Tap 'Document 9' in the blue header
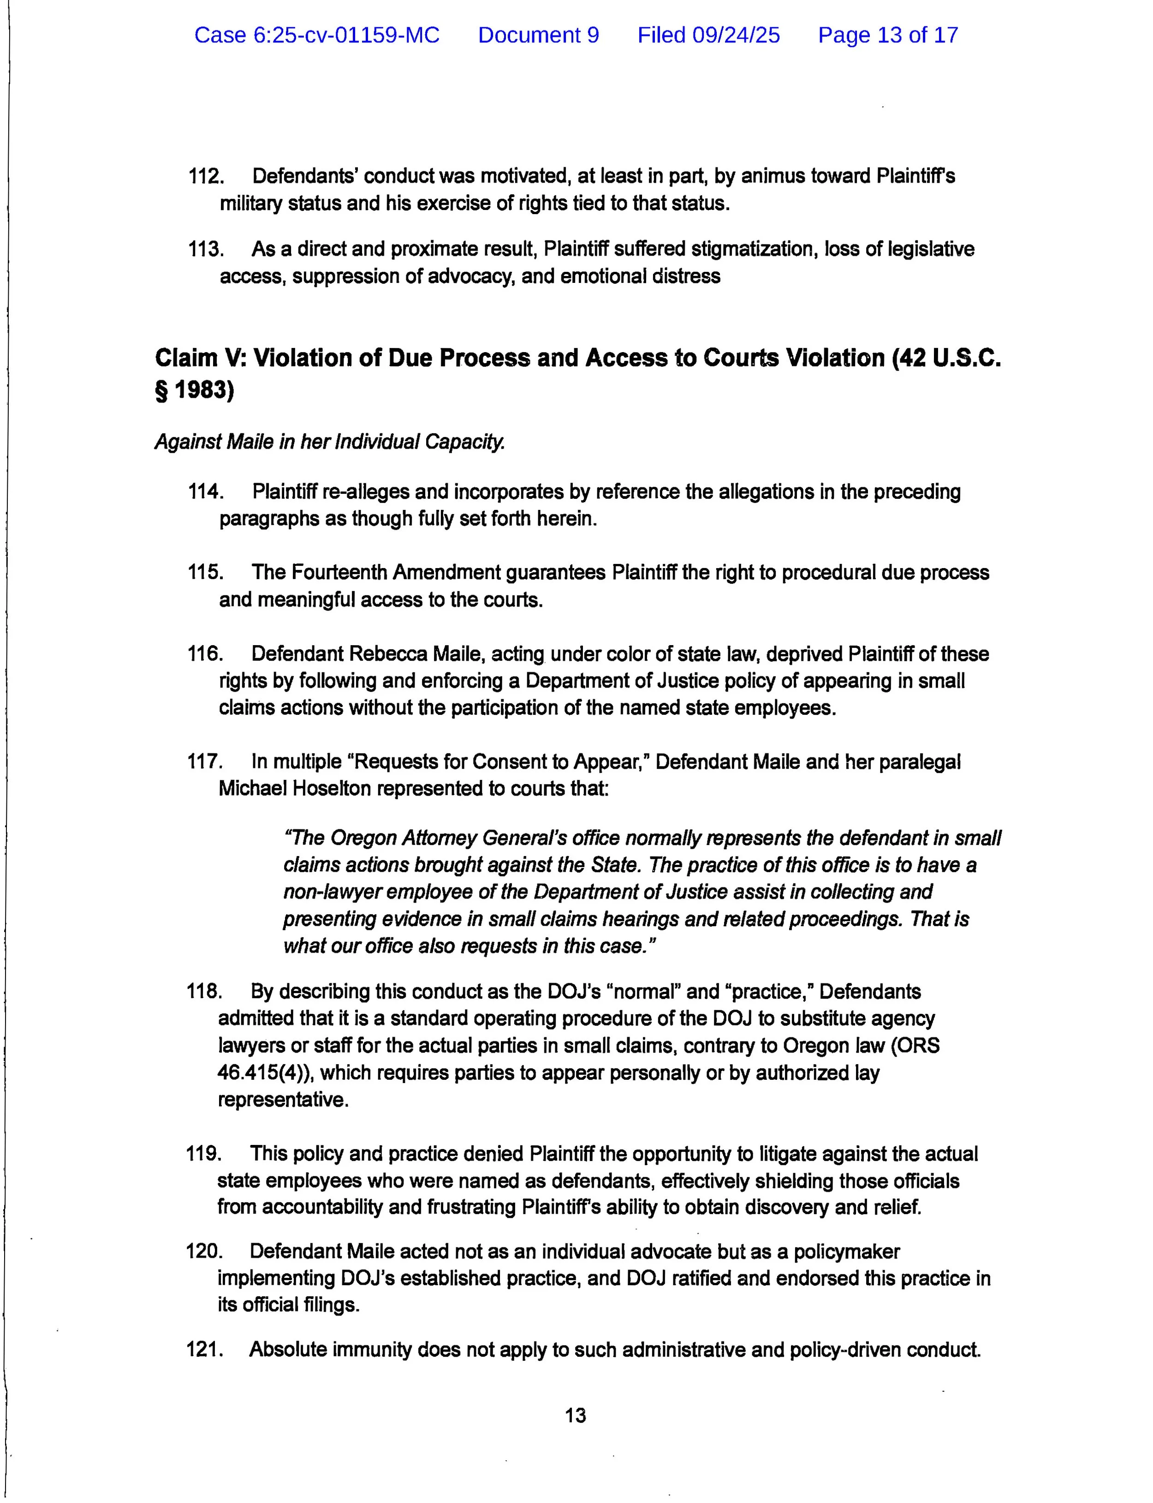click(x=538, y=35)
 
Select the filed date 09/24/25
click(x=708, y=35)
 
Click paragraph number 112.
click(x=205, y=176)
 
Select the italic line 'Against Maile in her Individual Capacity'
click(x=329, y=442)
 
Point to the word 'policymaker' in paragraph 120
click(x=846, y=1252)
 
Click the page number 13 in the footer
click(x=575, y=1415)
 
